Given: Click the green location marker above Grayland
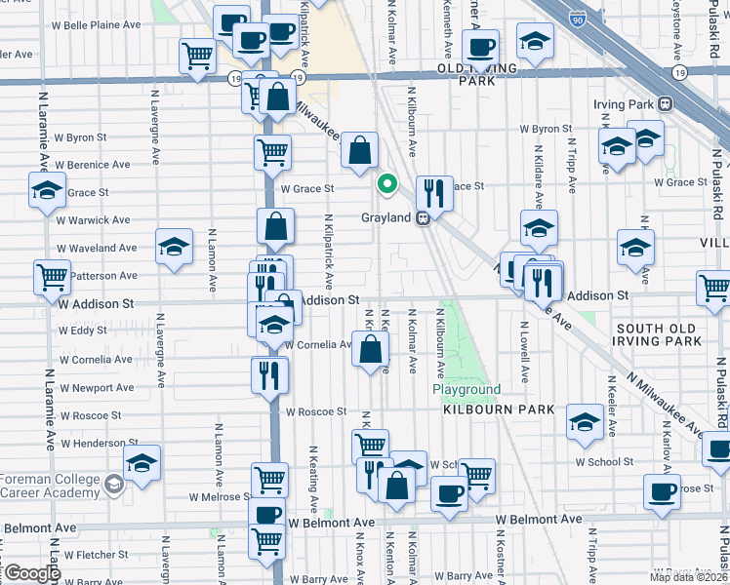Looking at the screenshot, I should pos(387,182).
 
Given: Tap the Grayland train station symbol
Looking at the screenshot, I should pos(424,218).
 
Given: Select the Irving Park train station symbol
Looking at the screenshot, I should pos(666,104).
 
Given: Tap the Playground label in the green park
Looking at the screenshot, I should pos(466,389).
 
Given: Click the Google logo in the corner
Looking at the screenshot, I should pos(31,573).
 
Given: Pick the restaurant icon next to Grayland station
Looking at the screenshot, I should pos(434,192).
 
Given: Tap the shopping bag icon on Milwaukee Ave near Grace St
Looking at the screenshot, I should pos(360,150).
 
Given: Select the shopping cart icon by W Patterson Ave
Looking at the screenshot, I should pos(52,276).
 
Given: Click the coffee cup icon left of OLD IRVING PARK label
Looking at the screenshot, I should pos(479,46).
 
